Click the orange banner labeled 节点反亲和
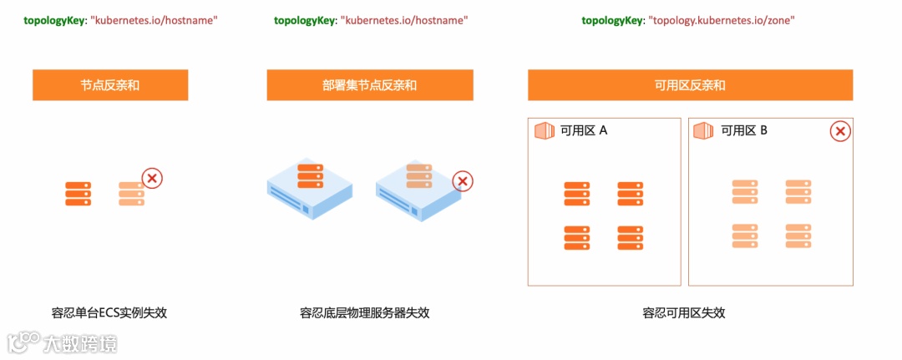point(110,85)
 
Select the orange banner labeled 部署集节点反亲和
point(370,85)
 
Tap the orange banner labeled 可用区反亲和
point(690,85)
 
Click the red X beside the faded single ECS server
point(152,178)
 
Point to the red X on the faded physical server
point(463,181)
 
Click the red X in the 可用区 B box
point(840,131)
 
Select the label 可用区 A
point(584,130)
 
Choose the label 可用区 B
point(744,130)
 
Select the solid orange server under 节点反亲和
point(79,193)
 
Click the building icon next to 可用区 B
point(704,130)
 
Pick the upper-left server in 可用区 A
point(576,193)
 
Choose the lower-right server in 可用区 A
point(630,237)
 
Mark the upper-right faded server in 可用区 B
point(798,191)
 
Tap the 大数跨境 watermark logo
point(63,342)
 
